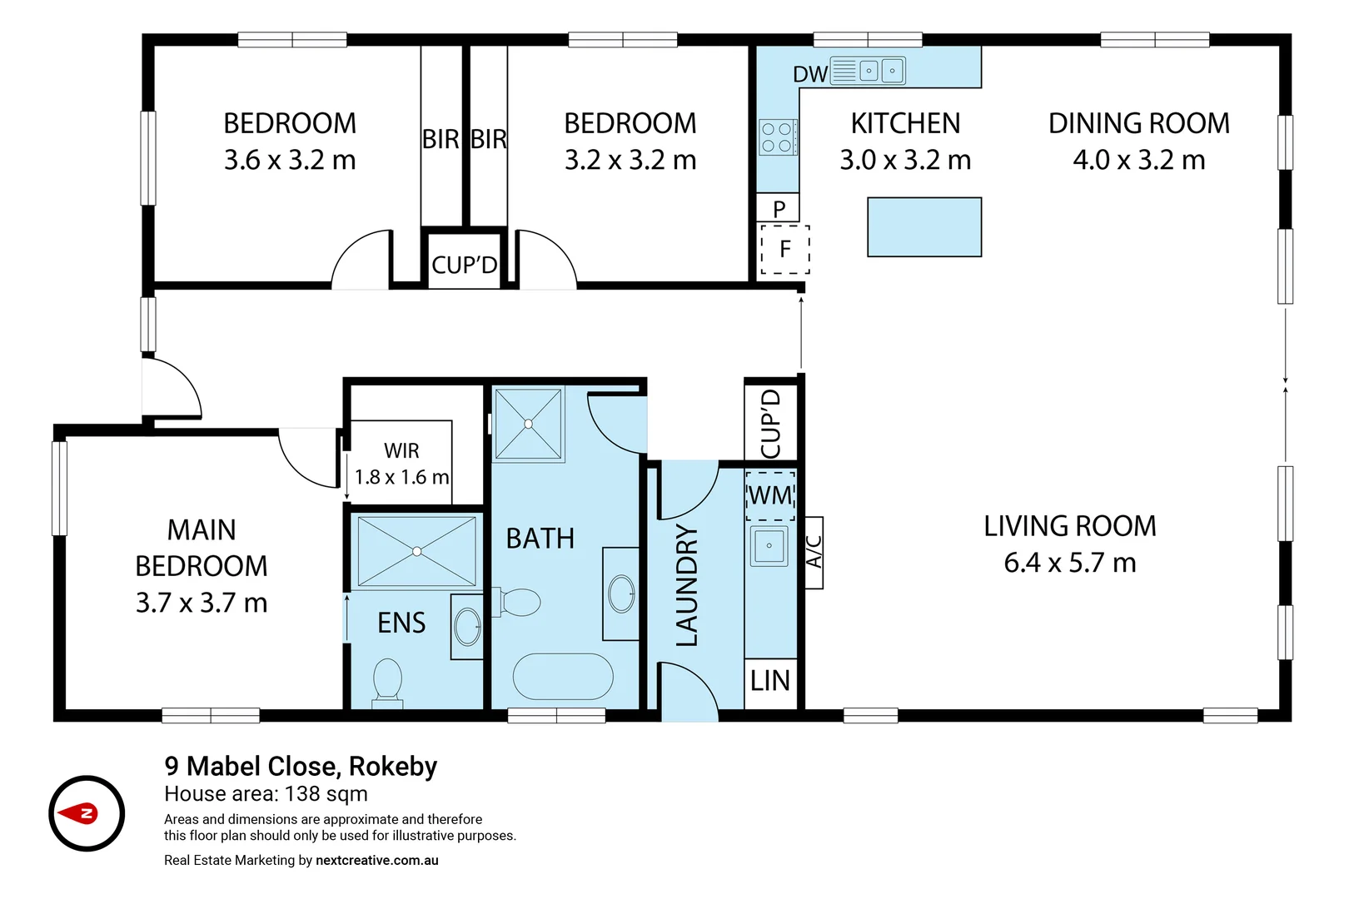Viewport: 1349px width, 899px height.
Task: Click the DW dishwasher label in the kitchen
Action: pyautogui.click(x=809, y=74)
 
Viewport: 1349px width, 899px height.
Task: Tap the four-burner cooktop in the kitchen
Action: pyautogui.click(x=778, y=137)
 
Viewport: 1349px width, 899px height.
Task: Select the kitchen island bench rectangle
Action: pyautogui.click(x=924, y=226)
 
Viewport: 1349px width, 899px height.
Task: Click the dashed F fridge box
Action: pyautogui.click(x=784, y=249)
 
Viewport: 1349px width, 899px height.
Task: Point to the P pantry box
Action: pyautogui.click(x=779, y=208)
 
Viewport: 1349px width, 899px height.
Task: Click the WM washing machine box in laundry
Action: pyautogui.click(x=770, y=496)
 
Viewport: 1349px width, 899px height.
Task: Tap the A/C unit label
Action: pyautogui.click(x=814, y=552)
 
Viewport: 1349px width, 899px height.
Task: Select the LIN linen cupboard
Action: pyautogui.click(x=770, y=681)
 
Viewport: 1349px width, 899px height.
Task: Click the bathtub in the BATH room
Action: pyautogui.click(x=563, y=676)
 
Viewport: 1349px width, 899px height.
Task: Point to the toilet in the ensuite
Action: pyautogui.click(x=388, y=680)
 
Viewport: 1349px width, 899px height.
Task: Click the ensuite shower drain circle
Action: pyautogui.click(x=417, y=551)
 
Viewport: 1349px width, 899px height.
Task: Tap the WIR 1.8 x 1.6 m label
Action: pyautogui.click(x=401, y=464)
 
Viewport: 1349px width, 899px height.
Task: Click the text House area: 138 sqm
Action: pyautogui.click(x=266, y=794)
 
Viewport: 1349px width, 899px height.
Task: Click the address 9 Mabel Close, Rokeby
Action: pyautogui.click(x=301, y=766)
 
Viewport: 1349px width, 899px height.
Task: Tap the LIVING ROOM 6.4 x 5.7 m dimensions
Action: pyautogui.click(x=1069, y=563)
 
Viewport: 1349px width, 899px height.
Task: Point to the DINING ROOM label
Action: pyautogui.click(x=1138, y=123)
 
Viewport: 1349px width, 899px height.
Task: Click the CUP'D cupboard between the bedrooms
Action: pyautogui.click(x=464, y=265)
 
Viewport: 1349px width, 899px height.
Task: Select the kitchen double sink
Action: pyautogui.click(x=881, y=71)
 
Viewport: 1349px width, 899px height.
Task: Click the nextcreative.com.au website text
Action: pyautogui.click(x=376, y=861)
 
